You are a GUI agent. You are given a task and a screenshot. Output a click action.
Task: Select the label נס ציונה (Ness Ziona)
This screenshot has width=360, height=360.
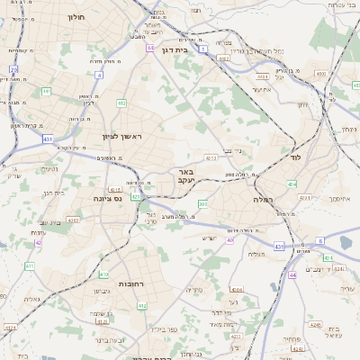coord(108,198)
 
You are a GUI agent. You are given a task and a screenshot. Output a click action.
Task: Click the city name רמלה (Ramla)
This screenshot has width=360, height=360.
coord(263,199)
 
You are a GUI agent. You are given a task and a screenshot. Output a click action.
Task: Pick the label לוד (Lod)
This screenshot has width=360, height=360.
coord(294,157)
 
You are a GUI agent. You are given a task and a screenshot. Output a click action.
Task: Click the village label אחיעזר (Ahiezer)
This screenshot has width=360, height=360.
coord(262,89)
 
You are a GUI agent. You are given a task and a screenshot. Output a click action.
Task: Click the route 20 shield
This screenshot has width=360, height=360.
coord(13,68)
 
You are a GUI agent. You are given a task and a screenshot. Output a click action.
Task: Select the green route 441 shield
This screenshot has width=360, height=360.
coord(46,91)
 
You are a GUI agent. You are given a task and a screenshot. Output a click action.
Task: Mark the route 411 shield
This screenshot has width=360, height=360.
coord(121,103)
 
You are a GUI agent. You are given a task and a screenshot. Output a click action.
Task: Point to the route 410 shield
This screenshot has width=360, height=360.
coord(103,274)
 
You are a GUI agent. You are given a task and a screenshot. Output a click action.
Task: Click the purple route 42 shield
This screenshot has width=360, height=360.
coord(38,242)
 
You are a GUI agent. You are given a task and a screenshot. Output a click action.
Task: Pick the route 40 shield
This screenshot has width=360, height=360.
coord(230,239)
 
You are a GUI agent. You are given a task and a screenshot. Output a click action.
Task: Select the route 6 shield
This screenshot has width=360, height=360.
coord(320,241)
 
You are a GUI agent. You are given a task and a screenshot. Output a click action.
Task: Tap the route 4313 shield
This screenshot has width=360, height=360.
coord(211,158)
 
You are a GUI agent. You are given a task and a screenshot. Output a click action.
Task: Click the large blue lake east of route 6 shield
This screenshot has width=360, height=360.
coord(346,240)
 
